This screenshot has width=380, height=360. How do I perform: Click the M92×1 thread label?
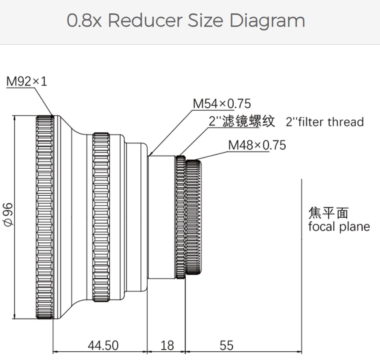pyautogui.click(x=27, y=81)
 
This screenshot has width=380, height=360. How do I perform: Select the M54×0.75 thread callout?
pyautogui.click(x=222, y=104)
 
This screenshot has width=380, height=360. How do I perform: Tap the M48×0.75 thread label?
pyautogui.click(x=257, y=145)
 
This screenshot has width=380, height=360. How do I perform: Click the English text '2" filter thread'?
pyautogui.click(x=325, y=122)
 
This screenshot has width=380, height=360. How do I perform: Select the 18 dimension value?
pyautogui.click(x=167, y=345)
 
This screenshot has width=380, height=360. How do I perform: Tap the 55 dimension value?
pyautogui.click(x=227, y=345)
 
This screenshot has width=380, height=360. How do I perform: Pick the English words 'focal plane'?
pyautogui.click(x=339, y=227)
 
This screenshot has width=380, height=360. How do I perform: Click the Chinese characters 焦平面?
pyautogui.click(x=328, y=213)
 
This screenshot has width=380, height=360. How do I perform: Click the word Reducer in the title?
pyautogui.click(x=145, y=20)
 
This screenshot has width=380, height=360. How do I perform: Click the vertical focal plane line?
pyautogui.click(x=301, y=249)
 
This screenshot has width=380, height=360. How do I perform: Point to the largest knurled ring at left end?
pyautogui.click(x=45, y=218)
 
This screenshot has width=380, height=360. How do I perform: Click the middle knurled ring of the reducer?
pyautogui.click(x=101, y=218)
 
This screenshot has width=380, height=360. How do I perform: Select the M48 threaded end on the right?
pyautogui.click(x=193, y=218)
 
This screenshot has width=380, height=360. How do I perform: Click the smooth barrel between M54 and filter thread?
pyautogui.click(x=162, y=218)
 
